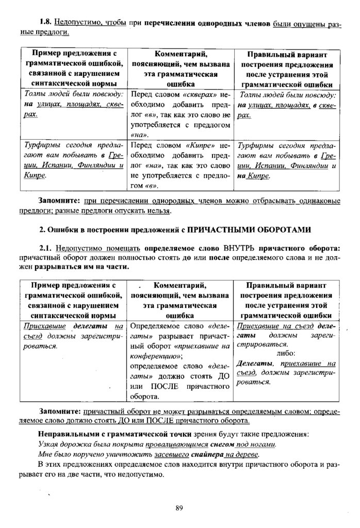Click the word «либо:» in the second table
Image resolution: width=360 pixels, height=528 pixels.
point(285,354)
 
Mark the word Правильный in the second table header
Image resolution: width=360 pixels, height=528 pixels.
point(274,285)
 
